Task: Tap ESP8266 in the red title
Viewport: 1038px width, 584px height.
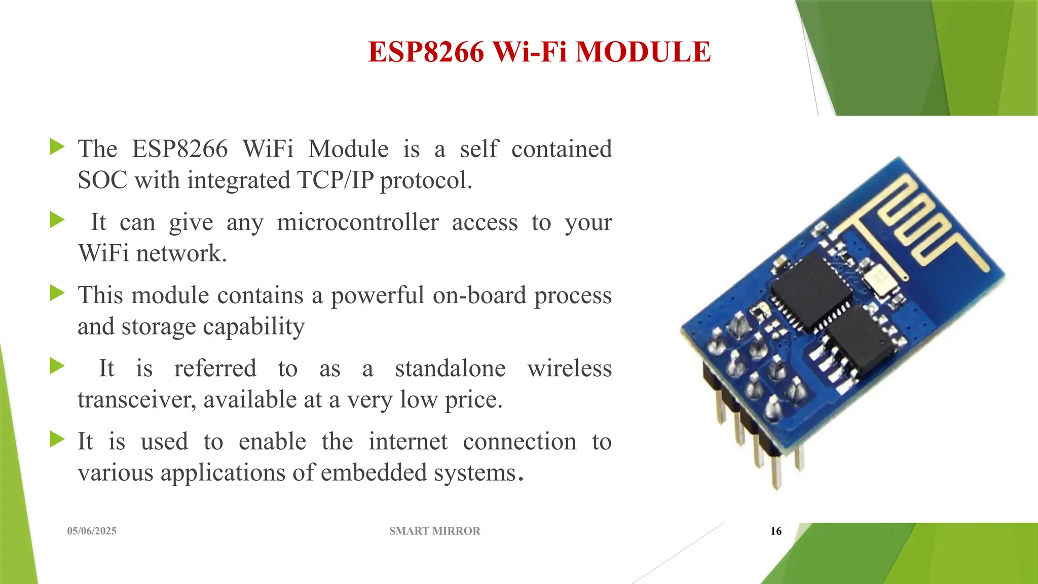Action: pos(426,52)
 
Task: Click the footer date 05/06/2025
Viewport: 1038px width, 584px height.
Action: pos(92,531)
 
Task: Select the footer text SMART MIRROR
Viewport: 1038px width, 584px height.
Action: pos(434,531)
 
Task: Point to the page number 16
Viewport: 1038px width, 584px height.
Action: pos(775,531)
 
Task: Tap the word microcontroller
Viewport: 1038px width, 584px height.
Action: pos(358,223)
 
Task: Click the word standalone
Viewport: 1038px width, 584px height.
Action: pos(450,369)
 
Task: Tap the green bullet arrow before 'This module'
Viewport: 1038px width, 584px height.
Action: pos(57,293)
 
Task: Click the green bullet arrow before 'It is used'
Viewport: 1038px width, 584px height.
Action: pos(57,439)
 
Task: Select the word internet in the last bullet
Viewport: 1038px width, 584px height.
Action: pos(407,442)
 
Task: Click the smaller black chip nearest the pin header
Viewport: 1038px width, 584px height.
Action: pos(862,339)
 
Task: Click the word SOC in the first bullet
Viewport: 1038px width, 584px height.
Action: pos(103,180)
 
